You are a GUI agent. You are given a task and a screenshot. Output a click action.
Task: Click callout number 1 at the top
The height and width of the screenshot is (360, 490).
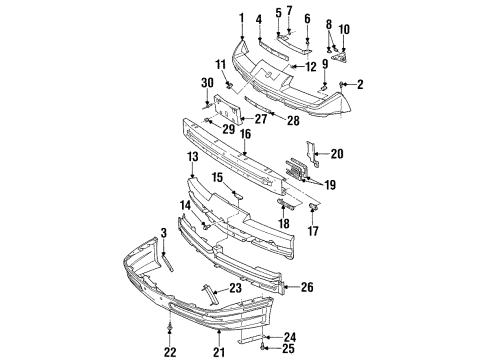[241, 17]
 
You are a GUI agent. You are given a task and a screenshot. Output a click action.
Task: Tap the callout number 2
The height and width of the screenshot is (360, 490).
[359, 84]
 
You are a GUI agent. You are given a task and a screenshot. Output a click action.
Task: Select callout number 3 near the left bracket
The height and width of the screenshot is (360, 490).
[163, 234]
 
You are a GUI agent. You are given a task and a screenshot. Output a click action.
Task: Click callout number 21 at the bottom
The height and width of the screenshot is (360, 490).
[218, 352]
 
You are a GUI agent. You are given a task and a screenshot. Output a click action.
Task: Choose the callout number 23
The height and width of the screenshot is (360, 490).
[236, 290]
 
